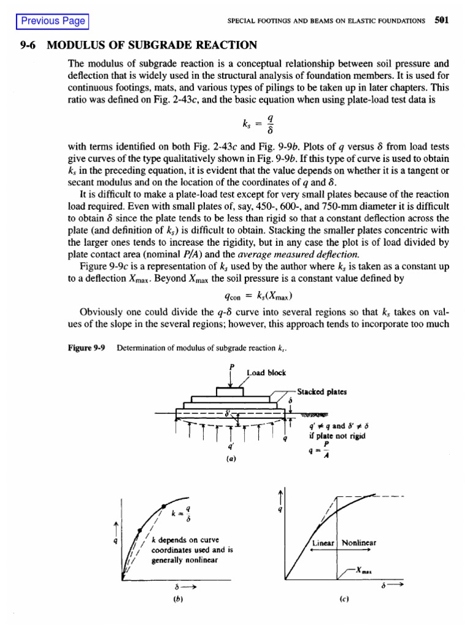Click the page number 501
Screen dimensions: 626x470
coord(442,20)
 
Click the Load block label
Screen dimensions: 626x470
coord(266,372)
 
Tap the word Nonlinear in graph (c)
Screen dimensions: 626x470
coord(359,542)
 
